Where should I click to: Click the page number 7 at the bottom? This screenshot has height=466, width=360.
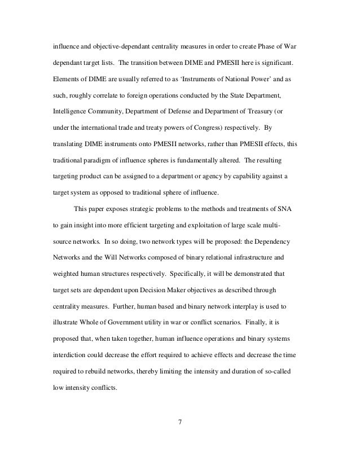(180, 420)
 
